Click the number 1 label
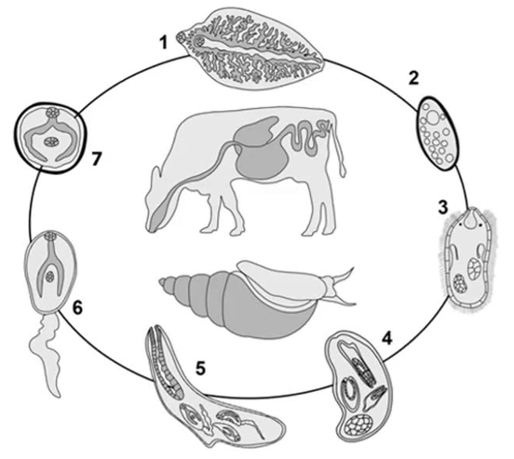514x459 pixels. [x=163, y=43]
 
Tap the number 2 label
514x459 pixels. [x=413, y=78]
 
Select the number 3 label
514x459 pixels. [x=443, y=208]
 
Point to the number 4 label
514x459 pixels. [x=386, y=338]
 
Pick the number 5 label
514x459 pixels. [x=200, y=368]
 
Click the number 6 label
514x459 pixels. [x=77, y=307]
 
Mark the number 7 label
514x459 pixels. [x=95, y=159]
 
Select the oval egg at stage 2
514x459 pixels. [x=438, y=133]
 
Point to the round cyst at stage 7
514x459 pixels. [x=50, y=138]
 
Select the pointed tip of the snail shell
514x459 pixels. [x=159, y=280]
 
